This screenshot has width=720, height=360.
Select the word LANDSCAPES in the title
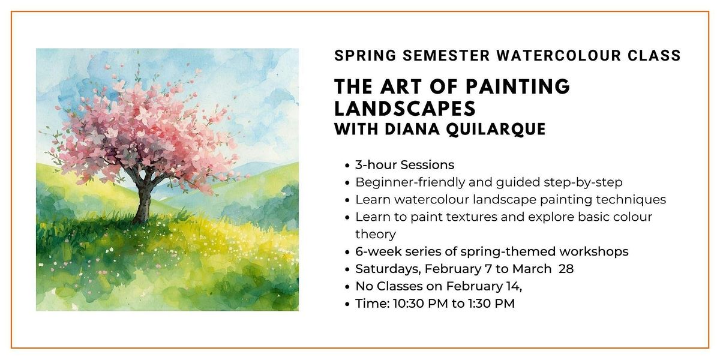point(405,108)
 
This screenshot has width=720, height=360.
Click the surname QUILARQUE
point(496,129)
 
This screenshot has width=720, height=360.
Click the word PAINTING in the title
point(518,86)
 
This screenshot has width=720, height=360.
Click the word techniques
point(631,200)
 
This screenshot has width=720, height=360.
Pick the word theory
point(376,235)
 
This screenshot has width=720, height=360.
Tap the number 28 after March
point(566,269)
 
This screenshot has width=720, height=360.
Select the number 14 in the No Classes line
point(514,286)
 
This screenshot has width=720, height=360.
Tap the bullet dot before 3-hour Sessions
point(347,166)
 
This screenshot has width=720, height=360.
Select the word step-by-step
point(583,182)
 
